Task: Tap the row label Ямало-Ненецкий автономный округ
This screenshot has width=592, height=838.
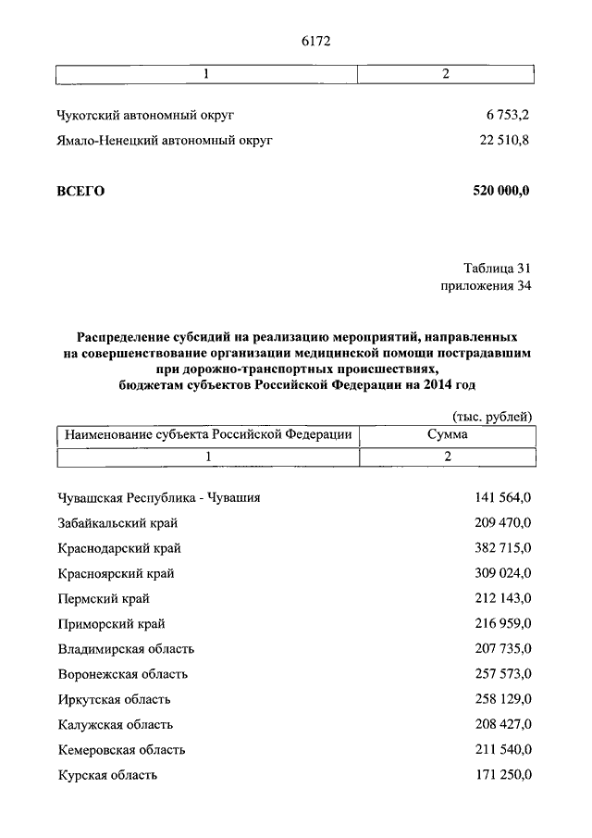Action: pyautogui.click(x=165, y=141)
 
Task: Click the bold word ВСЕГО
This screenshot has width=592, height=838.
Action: pyautogui.click(x=81, y=191)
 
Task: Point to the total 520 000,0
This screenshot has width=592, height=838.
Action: pyautogui.click(x=501, y=191)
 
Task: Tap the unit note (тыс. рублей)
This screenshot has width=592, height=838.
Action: pyautogui.click(x=492, y=416)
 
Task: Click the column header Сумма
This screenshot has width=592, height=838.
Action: pyautogui.click(x=447, y=433)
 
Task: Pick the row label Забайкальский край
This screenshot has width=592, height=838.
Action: pyautogui.click(x=118, y=522)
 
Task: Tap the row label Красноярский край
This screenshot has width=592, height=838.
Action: pyautogui.click(x=116, y=573)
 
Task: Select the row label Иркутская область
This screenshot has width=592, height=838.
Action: pyautogui.click(x=114, y=699)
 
